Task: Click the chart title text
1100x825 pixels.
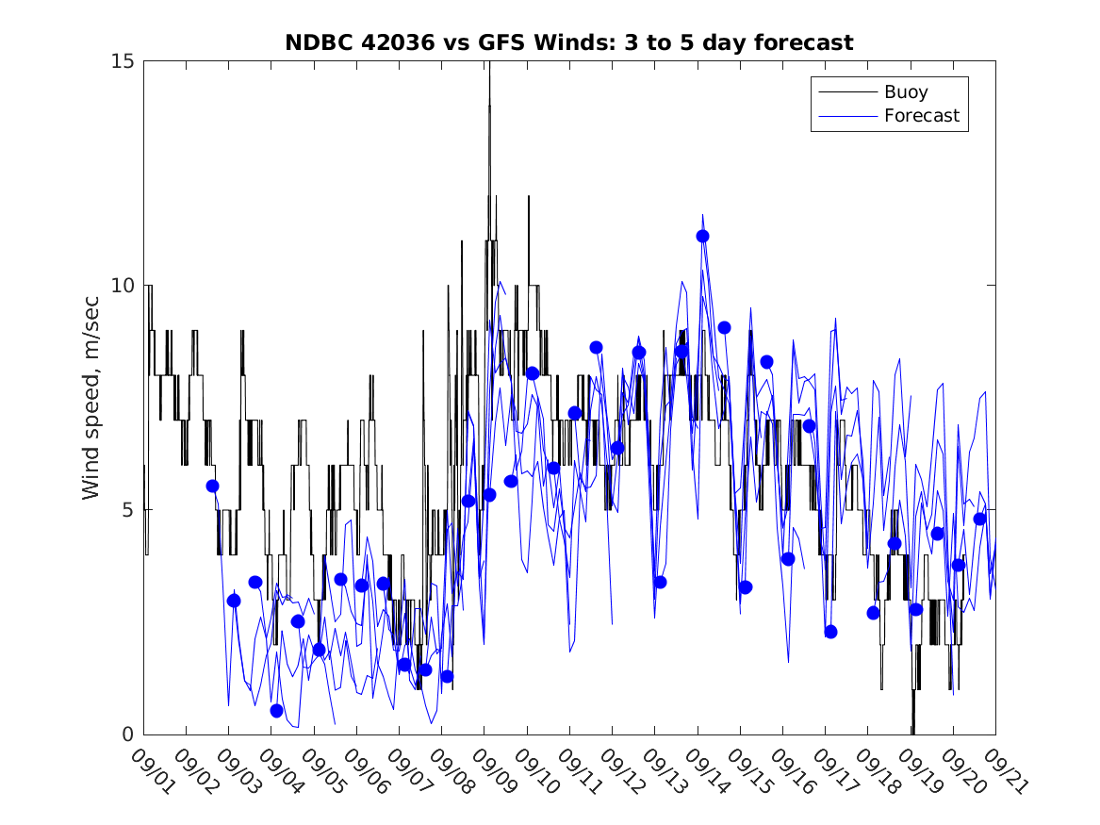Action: (568, 42)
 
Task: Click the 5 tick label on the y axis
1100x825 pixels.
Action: (130, 510)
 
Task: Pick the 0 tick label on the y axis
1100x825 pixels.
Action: (130, 734)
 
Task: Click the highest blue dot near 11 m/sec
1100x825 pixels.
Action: (702, 236)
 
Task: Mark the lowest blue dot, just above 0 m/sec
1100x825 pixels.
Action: (276, 710)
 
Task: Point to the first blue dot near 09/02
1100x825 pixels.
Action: (212, 486)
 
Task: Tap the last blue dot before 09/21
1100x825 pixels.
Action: (979, 519)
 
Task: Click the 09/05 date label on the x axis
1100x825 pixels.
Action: (321, 770)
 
